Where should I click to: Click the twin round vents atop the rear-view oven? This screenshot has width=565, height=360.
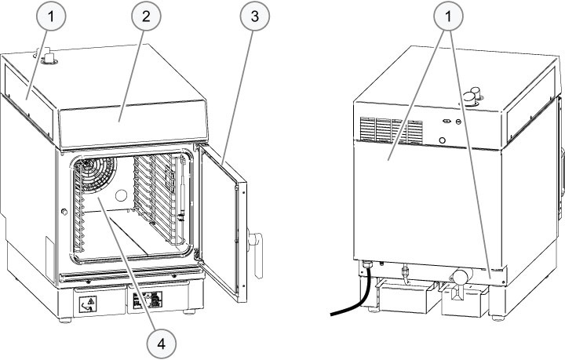[472, 96]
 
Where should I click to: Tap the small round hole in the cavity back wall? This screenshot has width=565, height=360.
[122, 195]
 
